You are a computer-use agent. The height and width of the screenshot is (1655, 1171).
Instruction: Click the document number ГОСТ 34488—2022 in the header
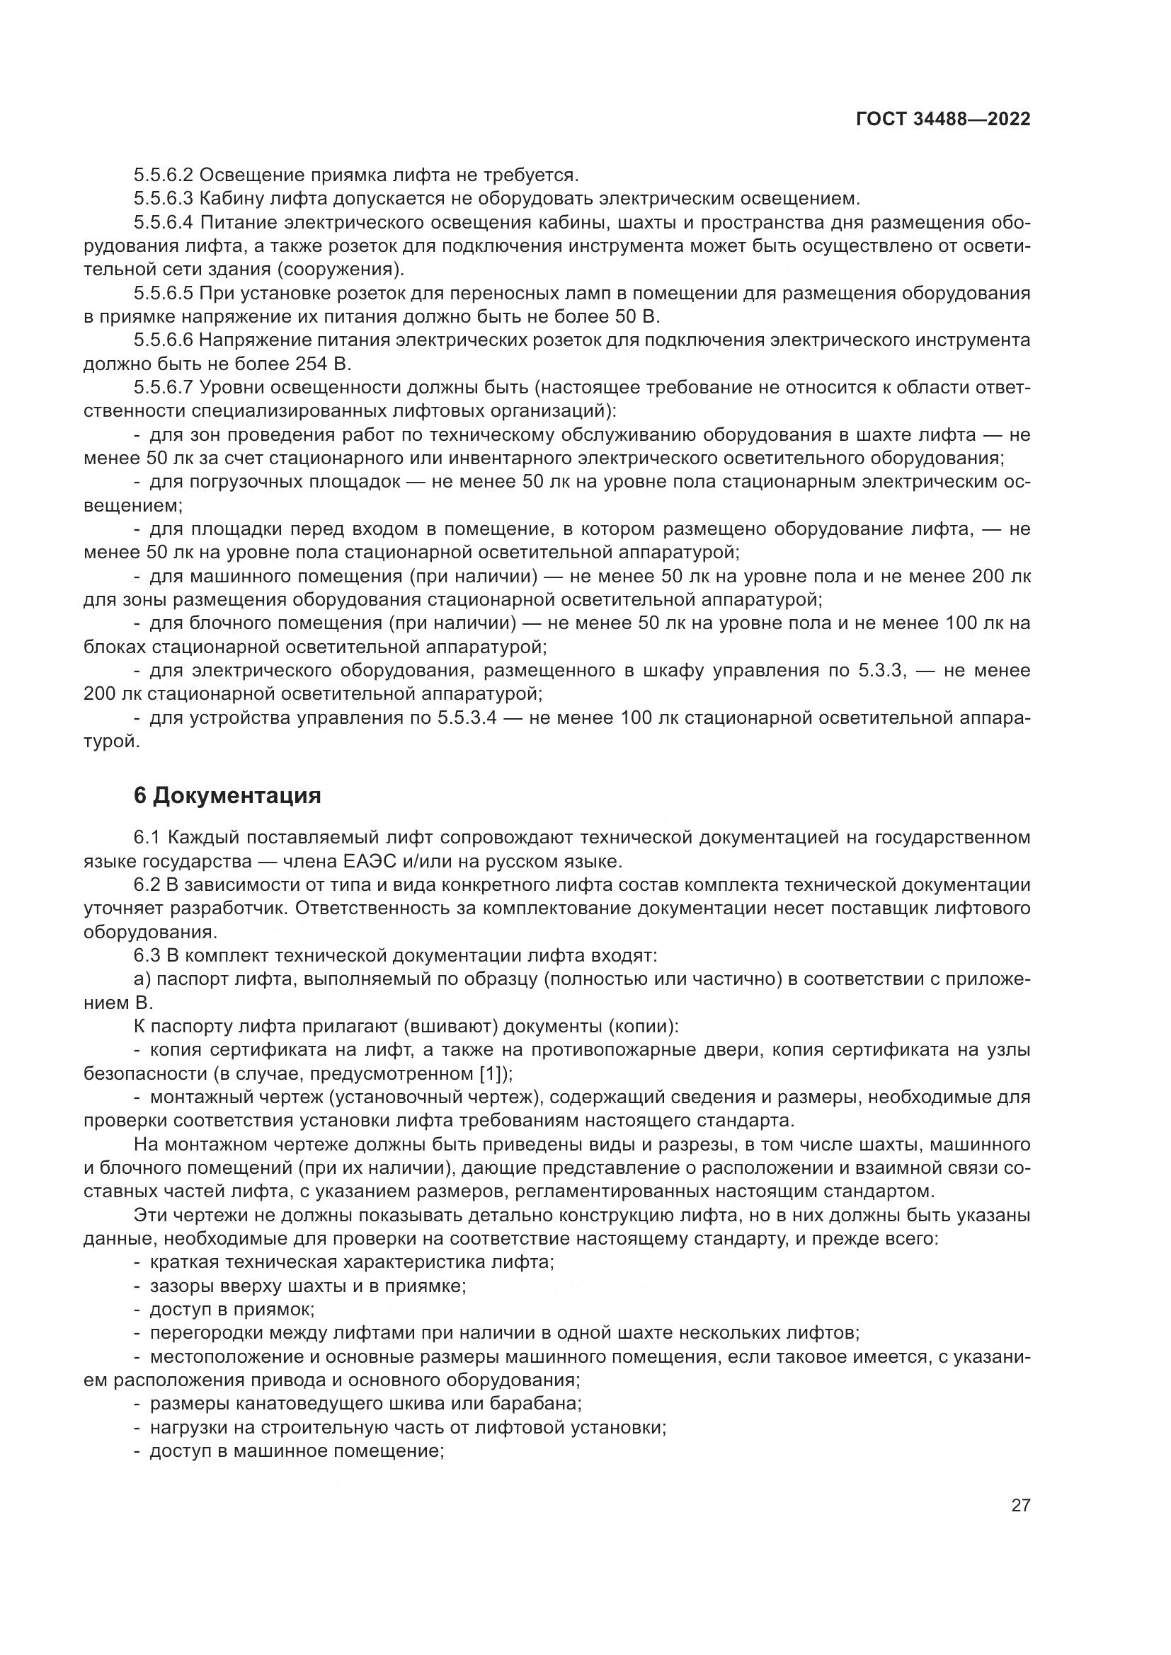(x=943, y=120)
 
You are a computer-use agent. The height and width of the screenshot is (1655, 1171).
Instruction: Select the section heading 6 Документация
(x=227, y=796)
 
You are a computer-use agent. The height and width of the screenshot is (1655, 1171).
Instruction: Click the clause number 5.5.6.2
(x=163, y=175)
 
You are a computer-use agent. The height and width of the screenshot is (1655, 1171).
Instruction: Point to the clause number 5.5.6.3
(x=163, y=198)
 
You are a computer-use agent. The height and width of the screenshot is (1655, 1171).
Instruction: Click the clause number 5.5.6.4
(x=163, y=222)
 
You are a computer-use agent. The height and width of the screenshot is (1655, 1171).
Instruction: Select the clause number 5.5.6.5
(x=163, y=294)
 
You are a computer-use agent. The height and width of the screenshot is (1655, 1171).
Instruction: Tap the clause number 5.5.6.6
(x=163, y=340)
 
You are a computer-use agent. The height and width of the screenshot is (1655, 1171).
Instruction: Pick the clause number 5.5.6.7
(x=163, y=388)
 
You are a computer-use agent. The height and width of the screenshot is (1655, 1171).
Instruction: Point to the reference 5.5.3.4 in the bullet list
(x=467, y=719)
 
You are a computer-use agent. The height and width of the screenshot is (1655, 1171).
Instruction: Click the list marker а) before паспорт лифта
(x=142, y=979)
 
